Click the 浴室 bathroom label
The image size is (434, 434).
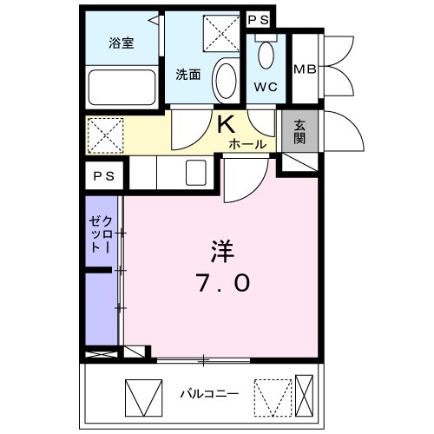coord(121,43)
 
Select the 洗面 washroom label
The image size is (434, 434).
coord(188,74)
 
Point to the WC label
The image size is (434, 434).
coord(265,88)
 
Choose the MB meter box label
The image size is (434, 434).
coord(304,69)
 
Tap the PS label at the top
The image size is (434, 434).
coord(258,18)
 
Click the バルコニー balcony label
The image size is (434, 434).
coord(208,393)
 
